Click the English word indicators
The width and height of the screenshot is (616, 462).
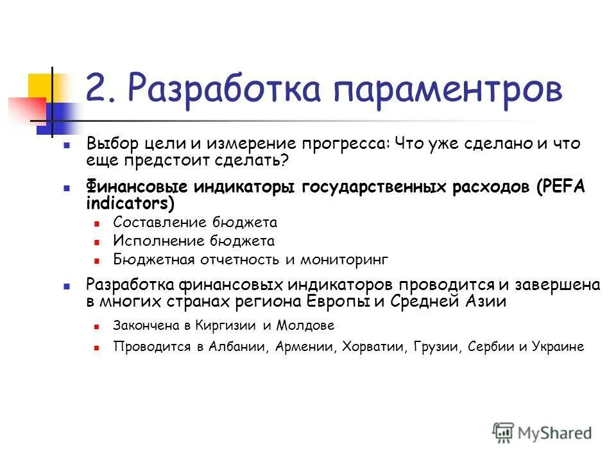(x=126, y=203)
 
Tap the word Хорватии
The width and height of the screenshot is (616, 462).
(x=369, y=347)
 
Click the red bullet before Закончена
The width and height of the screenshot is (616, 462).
(x=97, y=327)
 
